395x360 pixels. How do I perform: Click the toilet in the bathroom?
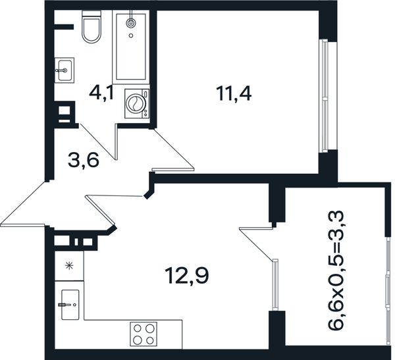[92, 27]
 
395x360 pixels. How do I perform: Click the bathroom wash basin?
[65, 70]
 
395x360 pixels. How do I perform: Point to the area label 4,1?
[102, 93]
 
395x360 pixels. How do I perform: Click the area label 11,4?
[234, 93]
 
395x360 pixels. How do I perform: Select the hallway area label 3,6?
[83, 161]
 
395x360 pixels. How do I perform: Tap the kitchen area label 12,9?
[187, 276]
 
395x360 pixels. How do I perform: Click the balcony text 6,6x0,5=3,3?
[336, 270]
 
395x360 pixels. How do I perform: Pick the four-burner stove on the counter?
[144, 334]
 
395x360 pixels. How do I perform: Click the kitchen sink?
[70, 305]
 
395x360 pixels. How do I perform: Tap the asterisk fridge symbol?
[68, 266]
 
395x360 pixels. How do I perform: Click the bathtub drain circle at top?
[131, 23]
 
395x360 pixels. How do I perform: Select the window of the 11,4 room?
[325, 95]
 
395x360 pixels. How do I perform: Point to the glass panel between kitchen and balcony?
[276, 284]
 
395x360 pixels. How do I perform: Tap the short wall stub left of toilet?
[64, 27]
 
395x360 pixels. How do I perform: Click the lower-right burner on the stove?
[150, 341]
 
